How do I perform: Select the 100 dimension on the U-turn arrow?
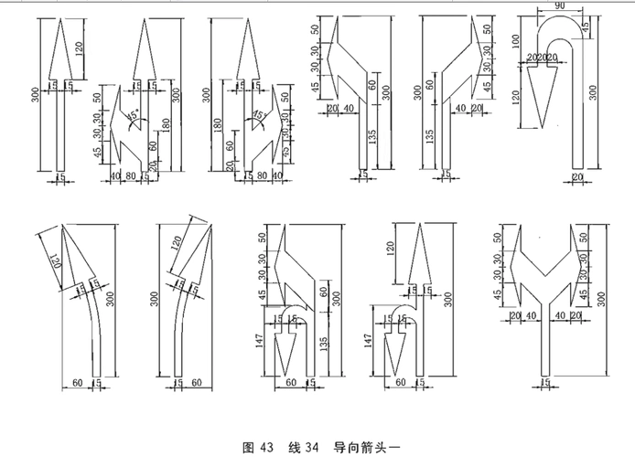tap(516, 43)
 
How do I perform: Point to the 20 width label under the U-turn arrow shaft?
tap(576, 175)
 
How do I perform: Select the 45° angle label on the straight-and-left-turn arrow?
tap(134, 116)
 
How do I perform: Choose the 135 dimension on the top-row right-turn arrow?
tap(429, 137)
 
